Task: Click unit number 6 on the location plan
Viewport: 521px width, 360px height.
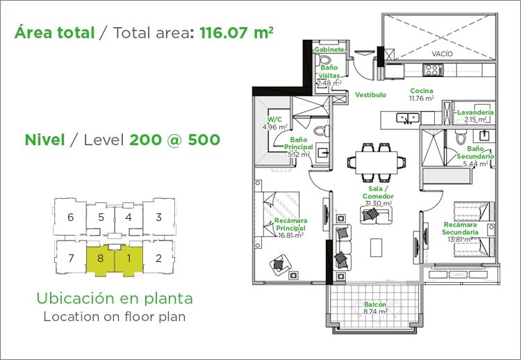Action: tap(70, 218)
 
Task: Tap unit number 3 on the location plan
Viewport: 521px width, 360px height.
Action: tap(159, 218)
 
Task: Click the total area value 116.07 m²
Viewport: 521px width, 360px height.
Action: tap(237, 33)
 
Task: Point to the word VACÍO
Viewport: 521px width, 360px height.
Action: tap(443, 54)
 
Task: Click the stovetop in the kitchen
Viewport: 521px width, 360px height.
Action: tap(432, 69)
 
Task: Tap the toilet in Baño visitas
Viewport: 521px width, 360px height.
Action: tap(324, 60)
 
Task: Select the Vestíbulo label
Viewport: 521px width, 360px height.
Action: tap(370, 95)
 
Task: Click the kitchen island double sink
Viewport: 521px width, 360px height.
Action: tap(408, 117)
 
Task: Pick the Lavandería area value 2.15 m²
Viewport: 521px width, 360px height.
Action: tap(475, 120)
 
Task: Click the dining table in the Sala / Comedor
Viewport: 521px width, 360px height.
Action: tap(376, 163)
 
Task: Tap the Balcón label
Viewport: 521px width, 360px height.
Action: tap(375, 304)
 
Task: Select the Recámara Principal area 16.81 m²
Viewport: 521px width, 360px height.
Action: tap(291, 236)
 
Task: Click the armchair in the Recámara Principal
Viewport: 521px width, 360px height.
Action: tap(280, 265)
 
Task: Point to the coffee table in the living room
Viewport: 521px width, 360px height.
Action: tap(376, 247)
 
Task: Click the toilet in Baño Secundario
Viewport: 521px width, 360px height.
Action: tap(461, 136)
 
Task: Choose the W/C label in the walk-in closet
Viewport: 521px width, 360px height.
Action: tap(274, 120)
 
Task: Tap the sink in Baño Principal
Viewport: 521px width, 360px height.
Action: tap(322, 153)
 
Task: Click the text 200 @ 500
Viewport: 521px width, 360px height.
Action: tap(174, 140)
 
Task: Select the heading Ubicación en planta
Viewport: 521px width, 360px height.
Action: tap(115, 298)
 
